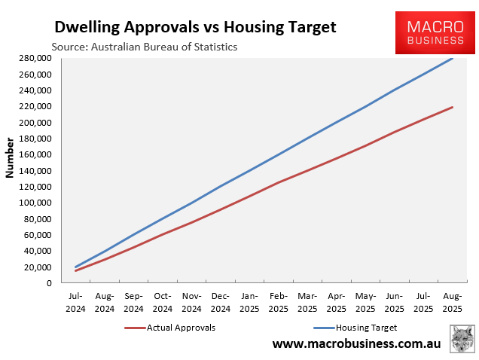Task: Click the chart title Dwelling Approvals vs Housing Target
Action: point(195,27)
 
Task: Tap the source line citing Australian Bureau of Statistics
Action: point(144,47)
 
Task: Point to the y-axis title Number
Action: point(10,157)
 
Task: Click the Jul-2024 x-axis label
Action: point(75,302)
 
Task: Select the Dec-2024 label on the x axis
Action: point(221,302)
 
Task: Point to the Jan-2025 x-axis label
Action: point(250,302)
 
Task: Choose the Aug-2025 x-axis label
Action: point(453,302)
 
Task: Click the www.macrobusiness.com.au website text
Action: point(356,344)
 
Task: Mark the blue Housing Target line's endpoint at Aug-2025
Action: point(453,58)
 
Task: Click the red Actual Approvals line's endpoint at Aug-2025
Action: point(453,107)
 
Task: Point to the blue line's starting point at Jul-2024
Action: point(75,267)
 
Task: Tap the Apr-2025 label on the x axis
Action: point(337,302)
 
